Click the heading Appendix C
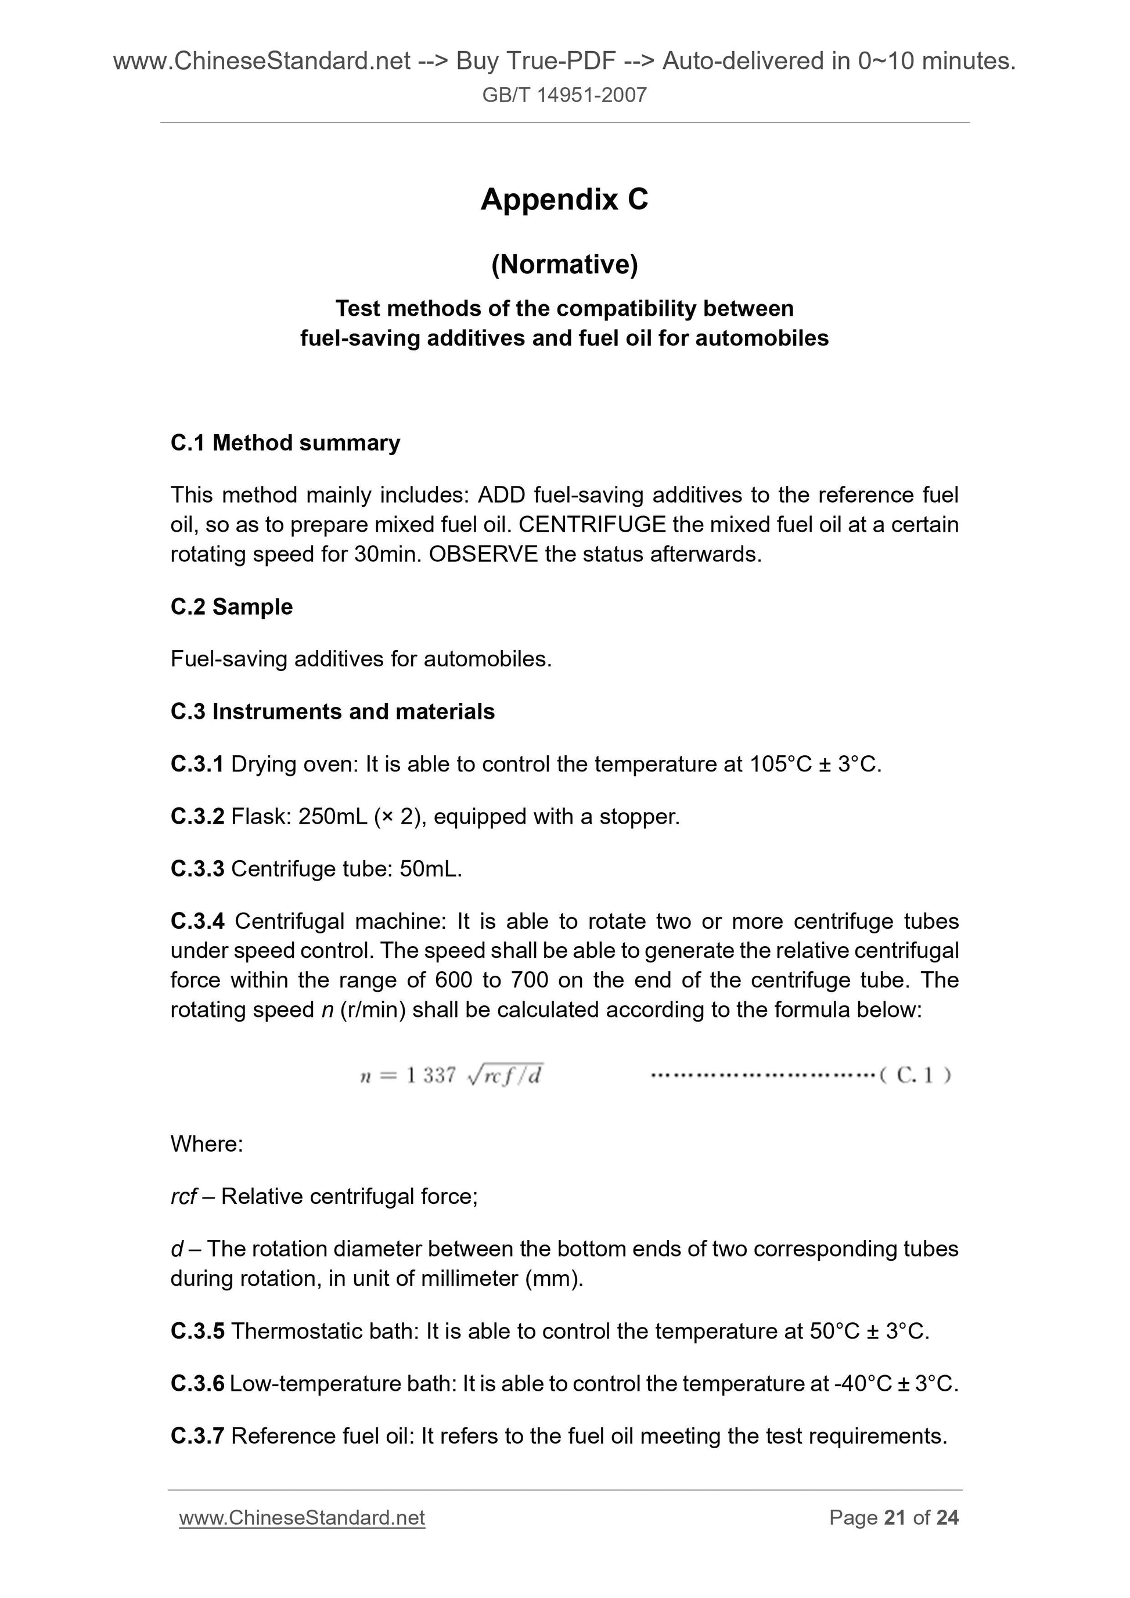click(564, 200)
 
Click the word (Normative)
click(564, 265)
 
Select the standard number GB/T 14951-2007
click(564, 95)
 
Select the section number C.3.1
click(196, 764)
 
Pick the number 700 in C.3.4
click(528, 980)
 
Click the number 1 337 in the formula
click(430, 1076)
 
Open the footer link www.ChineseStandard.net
click(301, 1517)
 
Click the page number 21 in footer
click(895, 1517)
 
